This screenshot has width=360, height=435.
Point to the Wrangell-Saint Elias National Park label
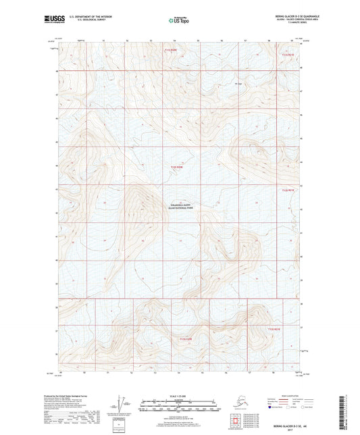point(180,207)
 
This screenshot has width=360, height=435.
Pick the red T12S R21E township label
point(288,190)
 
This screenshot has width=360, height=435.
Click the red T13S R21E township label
point(272,328)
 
